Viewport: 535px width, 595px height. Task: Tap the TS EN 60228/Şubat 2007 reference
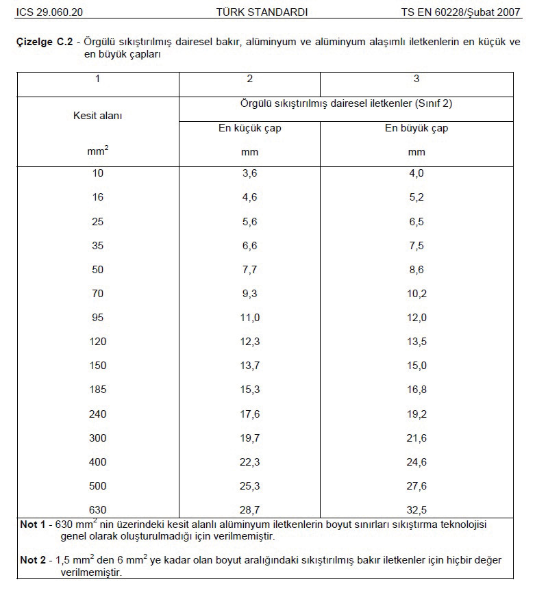click(460, 12)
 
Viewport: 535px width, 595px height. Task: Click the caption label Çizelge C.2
click(45, 42)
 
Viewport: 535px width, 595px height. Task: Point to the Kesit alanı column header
click(97, 116)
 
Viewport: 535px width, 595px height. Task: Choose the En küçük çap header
click(249, 128)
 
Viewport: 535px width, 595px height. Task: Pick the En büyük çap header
click(416, 128)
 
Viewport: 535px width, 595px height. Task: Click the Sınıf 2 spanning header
click(346, 104)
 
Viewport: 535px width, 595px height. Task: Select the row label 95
click(97, 318)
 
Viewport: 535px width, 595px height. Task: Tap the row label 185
click(97, 390)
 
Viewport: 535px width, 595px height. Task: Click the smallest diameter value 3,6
click(249, 173)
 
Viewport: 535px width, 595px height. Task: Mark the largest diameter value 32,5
click(416, 510)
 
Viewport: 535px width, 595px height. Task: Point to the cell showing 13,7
click(249, 366)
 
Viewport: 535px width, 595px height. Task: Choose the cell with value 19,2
click(416, 414)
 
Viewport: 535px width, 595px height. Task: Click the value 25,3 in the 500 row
click(249, 486)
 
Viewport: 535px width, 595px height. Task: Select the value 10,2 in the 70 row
click(416, 294)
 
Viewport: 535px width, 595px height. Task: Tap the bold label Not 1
click(32, 524)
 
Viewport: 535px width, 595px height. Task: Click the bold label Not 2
click(32, 560)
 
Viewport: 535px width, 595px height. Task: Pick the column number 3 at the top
click(416, 79)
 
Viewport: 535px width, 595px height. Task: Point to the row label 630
click(97, 510)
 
